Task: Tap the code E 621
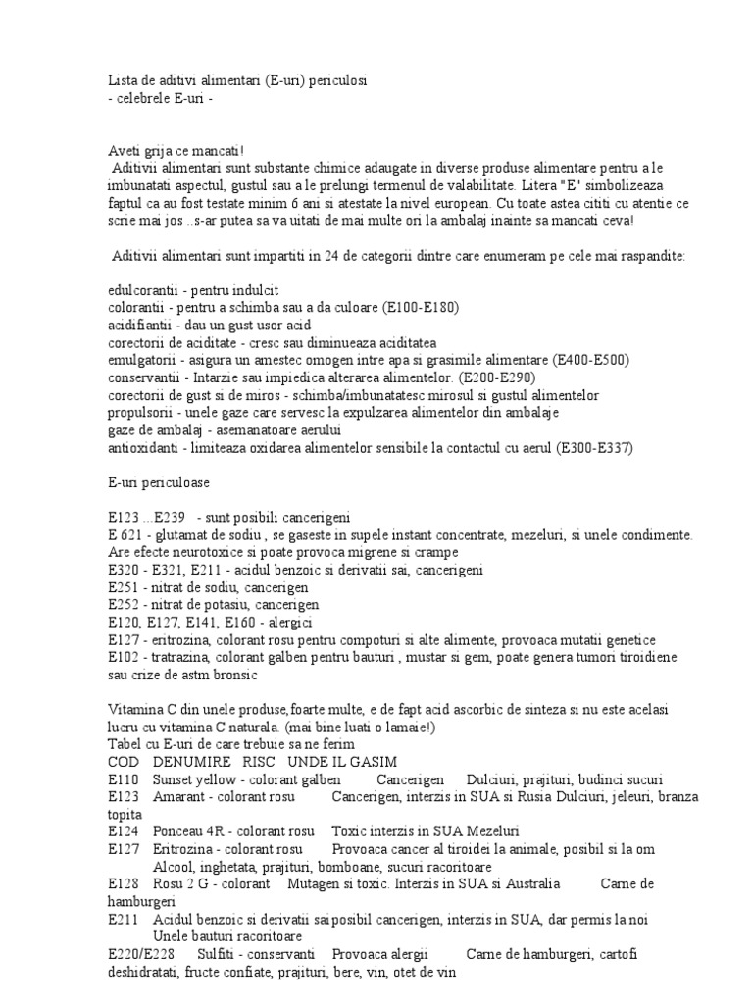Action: pos(128,534)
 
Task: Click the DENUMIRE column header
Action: pos(192,762)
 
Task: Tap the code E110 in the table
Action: pos(125,779)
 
